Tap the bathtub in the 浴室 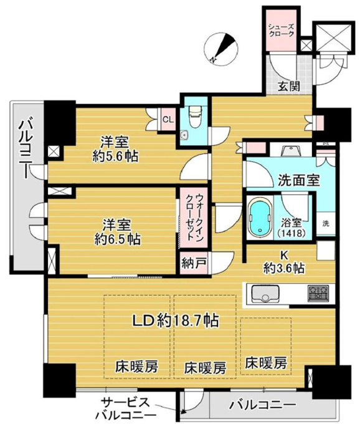click(260, 217)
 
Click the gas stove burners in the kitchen click(318, 293)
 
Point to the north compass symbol click(221, 49)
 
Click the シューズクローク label click(281, 31)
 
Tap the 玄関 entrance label click(289, 86)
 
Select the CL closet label click(168, 120)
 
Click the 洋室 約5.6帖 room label click(115, 149)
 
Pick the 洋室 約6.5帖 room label click(117, 232)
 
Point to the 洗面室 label click(299, 180)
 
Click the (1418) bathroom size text click(292, 233)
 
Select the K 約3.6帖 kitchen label click(284, 262)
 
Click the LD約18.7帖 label click(175, 320)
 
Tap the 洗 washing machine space click(326, 224)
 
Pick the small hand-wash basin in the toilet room click(185, 135)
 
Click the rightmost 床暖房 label click(266, 363)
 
